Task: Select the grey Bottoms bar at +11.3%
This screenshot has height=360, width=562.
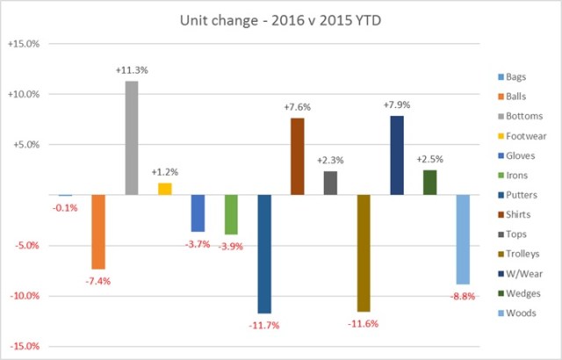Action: click(x=131, y=138)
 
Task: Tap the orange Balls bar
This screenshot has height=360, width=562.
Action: click(x=98, y=232)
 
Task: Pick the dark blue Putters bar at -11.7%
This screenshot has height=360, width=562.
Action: click(x=264, y=254)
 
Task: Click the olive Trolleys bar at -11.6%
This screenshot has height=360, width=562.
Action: click(x=364, y=253)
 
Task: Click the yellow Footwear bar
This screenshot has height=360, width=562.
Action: click(x=164, y=189)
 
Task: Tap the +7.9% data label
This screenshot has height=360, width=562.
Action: click(x=397, y=105)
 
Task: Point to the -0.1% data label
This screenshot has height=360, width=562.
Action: click(x=64, y=207)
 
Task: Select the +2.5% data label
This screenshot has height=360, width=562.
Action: click(x=429, y=160)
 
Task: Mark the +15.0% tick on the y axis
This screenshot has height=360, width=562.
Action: click(x=29, y=44)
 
